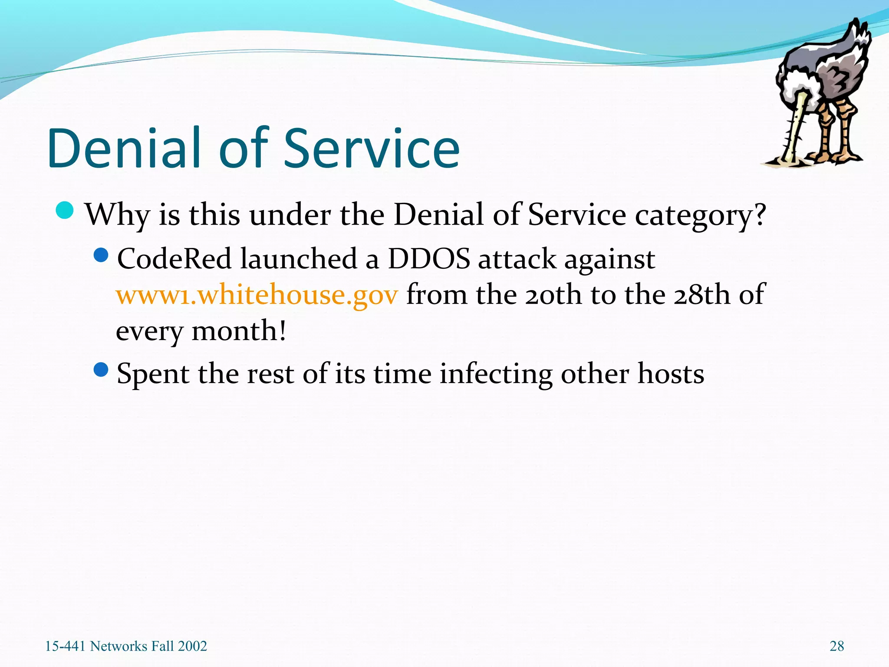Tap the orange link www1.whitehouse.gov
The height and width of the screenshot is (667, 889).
pyautogui.click(x=257, y=295)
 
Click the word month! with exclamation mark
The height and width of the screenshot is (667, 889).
pyautogui.click(x=239, y=331)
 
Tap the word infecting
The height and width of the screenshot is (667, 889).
pyautogui.click(x=496, y=374)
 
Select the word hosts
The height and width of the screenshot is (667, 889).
pyautogui.click(x=670, y=374)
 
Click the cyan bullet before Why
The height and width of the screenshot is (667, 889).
pyautogui.click(x=65, y=211)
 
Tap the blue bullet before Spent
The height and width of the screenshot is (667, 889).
pyautogui.click(x=101, y=370)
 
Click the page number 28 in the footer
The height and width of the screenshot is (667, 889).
pyautogui.click(x=836, y=646)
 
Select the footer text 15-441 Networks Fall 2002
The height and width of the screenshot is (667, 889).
pyautogui.click(x=126, y=646)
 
